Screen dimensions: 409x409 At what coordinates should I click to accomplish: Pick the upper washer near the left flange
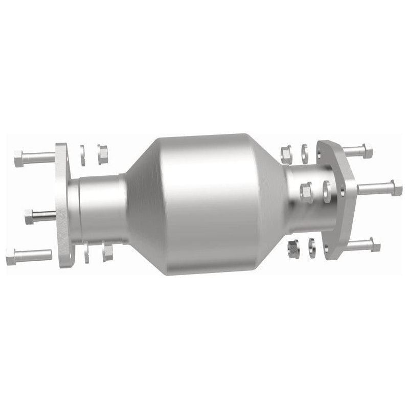(82, 155)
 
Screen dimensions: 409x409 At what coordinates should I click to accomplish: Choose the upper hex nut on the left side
(102, 153)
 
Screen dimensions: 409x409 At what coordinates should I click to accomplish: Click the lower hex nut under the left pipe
(107, 252)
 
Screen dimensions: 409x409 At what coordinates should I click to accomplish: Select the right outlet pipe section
(302, 204)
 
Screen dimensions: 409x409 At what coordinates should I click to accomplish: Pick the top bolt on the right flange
(357, 151)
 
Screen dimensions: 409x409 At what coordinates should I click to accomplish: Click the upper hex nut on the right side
(286, 153)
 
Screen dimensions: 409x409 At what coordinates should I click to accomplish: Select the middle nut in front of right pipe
(306, 192)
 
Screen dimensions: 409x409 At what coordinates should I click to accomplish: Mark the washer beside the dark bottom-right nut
(310, 245)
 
